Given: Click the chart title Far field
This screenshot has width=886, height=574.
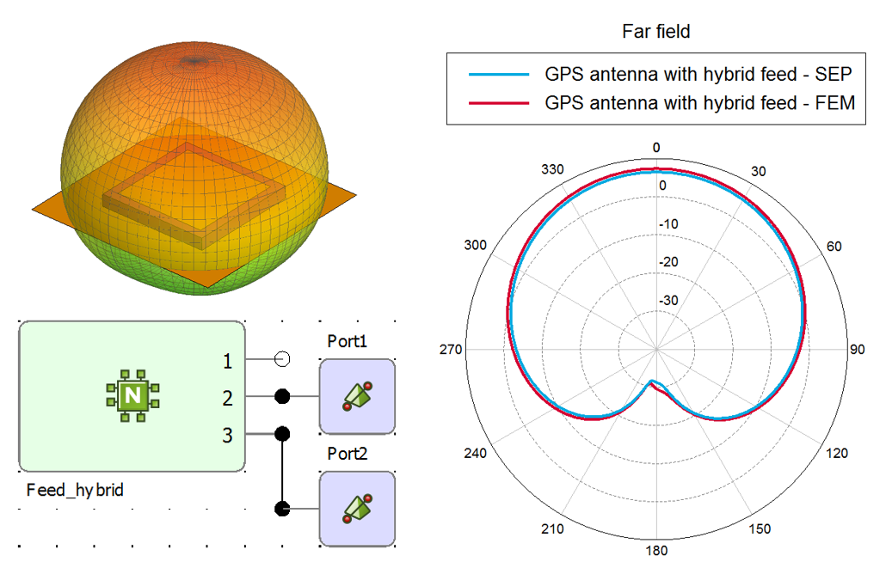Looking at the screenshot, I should click(x=655, y=32).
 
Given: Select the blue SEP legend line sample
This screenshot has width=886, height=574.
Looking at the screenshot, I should click(x=498, y=74).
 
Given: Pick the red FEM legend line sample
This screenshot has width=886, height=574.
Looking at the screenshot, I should click(x=498, y=103).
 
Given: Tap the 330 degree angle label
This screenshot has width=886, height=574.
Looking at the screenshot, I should click(x=552, y=169).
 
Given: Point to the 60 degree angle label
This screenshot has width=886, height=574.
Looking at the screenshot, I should click(x=834, y=247).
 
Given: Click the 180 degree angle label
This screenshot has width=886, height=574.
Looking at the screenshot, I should click(x=656, y=551).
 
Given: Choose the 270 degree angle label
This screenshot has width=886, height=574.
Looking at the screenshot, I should click(x=451, y=350).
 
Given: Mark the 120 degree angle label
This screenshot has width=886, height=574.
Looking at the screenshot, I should click(x=837, y=454).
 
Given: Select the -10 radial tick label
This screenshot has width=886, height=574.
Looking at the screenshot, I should click(x=668, y=224).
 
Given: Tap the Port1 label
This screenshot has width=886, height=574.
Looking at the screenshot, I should click(x=348, y=341).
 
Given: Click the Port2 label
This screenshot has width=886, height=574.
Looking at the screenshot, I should click(x=348, y=453).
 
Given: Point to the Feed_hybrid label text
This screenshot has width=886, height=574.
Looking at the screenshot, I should click(x=75, y=491).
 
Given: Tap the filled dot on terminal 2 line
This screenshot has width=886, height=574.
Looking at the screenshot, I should click(x=281, y=396).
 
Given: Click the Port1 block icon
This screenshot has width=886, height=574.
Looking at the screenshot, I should click(x=357, y=396).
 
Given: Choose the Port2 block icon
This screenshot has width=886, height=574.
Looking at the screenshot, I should click(x=357, y=508).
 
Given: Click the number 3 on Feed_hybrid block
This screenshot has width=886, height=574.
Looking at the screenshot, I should click(x=227, y=436).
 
